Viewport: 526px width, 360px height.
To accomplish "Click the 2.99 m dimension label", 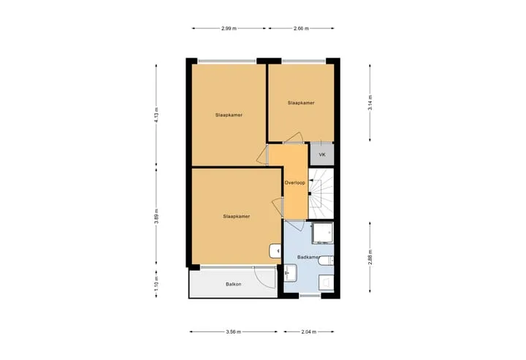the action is (x=229, y=28).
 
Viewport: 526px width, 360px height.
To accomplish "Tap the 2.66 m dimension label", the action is (x=301, y=28).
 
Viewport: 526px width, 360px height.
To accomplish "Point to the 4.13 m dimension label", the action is (x=156, y=115).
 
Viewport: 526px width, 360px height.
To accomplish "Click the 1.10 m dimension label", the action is (x=156, y=284).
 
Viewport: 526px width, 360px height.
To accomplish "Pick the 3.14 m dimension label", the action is (x=370, y=102).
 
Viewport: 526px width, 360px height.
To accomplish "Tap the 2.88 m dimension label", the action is (x=370, y=257).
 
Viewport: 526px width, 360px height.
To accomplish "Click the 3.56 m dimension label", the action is (x=234, y=332).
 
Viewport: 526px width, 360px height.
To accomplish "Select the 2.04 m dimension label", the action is (x=308, y=332).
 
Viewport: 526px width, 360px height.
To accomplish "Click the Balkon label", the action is (x=234, y=284).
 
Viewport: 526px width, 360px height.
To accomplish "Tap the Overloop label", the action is (x=295, y=183).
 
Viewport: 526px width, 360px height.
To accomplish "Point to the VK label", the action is (x=322, y=155).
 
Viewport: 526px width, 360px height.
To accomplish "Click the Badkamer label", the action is (x=308, y=257).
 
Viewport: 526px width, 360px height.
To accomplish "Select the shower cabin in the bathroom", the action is (x=322, y=233).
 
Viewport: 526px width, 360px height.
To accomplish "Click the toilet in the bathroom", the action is (x=326, y=260).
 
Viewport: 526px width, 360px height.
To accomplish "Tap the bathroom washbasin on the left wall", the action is (x=291, y=272).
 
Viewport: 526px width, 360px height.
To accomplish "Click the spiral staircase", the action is (x=321, y=194).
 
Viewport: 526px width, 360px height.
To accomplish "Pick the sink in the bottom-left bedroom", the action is (x=275, y=250).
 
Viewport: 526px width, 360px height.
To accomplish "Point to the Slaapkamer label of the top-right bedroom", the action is (x=301, y=103).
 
